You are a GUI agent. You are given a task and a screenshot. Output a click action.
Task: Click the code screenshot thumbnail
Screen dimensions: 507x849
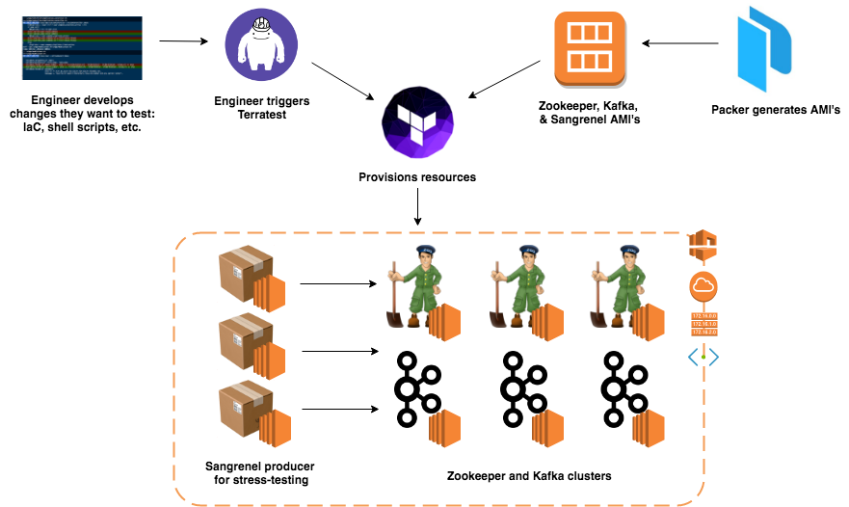pos(82,47)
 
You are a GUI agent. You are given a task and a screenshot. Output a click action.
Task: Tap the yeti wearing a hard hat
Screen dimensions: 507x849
pos(261,44)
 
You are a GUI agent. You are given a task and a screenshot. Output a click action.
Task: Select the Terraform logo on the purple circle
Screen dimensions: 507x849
pos(417,122)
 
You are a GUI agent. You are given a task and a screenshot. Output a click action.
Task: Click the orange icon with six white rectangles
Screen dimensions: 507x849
pos(589,48)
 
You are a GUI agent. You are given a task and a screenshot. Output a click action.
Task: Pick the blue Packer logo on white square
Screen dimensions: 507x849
pos(764,48)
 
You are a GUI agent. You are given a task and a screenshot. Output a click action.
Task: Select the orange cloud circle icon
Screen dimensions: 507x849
pos(703,285)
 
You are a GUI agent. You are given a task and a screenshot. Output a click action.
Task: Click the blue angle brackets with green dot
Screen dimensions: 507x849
pos(703,358)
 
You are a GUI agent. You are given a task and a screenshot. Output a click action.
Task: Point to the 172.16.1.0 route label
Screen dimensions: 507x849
pos(703,323)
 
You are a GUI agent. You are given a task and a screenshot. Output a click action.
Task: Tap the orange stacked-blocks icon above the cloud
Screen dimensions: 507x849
pos(703,245)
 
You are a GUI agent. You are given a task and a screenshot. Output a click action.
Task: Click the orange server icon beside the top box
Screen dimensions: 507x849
pos(270,293)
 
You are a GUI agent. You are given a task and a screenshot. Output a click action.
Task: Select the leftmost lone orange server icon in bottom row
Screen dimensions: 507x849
pos(444,428)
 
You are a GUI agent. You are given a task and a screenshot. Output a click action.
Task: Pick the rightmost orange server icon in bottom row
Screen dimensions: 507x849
pos(649,428)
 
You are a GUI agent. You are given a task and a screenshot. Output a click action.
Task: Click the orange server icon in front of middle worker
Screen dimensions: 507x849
pos(547,322)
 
